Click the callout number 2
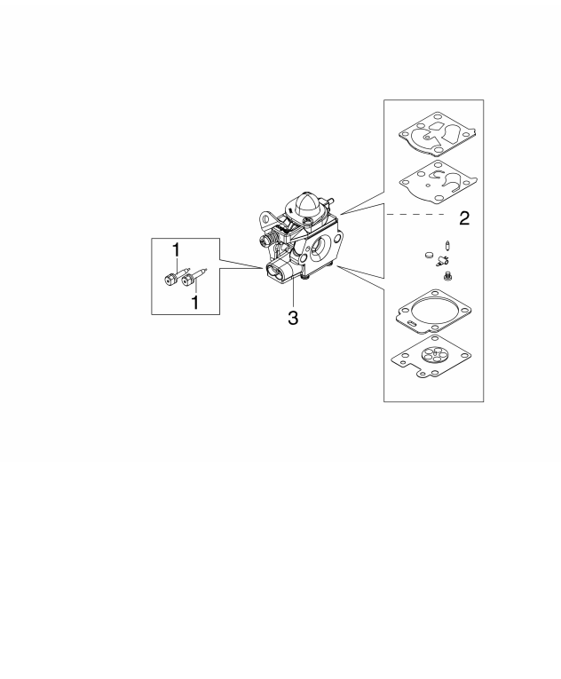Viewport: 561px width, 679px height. tap(463, 219)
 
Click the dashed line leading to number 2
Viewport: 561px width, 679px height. tap(417, 214)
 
